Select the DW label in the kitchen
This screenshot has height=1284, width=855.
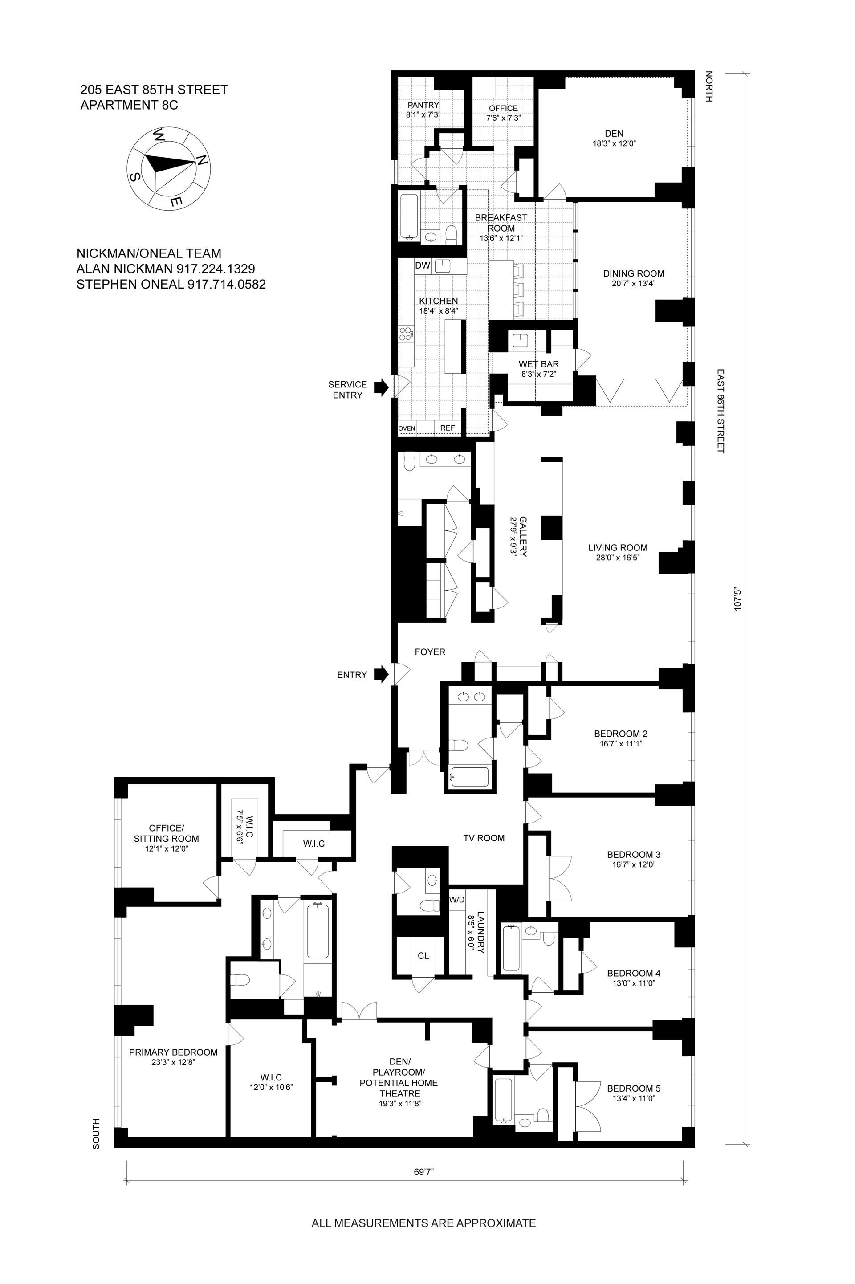pos(423,265)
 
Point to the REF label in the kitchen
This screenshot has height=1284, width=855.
pos(447,428)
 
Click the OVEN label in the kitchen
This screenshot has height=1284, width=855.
pos(407,428)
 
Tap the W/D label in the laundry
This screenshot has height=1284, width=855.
pos(457,900)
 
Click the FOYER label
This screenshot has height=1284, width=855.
pos(430,652)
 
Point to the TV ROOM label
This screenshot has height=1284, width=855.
pos(484,838)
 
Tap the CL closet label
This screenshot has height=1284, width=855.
pos(423,955)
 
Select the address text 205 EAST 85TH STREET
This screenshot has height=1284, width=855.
pos(155,90)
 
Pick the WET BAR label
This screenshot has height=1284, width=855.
pos(539,364)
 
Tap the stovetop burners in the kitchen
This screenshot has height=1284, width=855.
pos(405,334)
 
